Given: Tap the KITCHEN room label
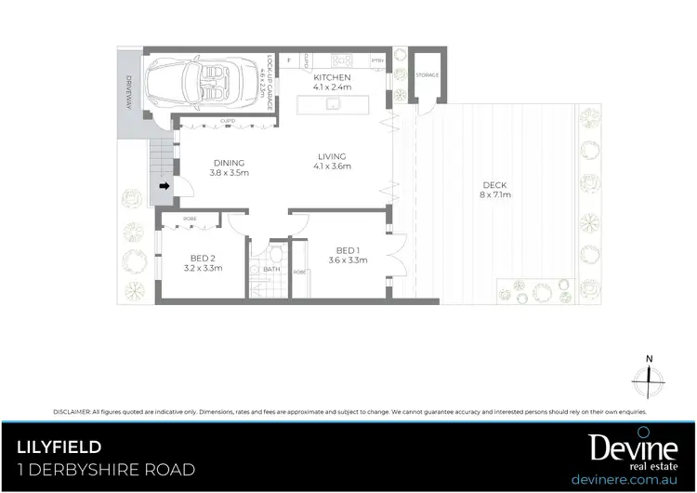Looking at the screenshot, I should pyautogui.click(x=331, y=76).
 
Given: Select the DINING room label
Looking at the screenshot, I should pyautogui.click(x=229, y=163).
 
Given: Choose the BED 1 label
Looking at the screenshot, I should pyautogui.click(x=348, y=250).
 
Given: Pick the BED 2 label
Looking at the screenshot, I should pyautogui.click(x=203, y=258).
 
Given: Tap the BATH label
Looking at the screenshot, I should pyautogui.click(x=271, y=270).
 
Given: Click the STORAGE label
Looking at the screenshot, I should pyautogui.click(x=427, y=74).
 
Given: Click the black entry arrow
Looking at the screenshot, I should pyautogui.click(x=165, y=186).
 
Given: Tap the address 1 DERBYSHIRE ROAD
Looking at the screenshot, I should pyautogui.click(x=106, y=470).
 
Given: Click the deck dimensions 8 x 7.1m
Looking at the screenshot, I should pyautogui.click(x=495, y=195).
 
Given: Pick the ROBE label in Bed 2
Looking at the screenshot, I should pyautogui.click(x=190, y=219).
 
